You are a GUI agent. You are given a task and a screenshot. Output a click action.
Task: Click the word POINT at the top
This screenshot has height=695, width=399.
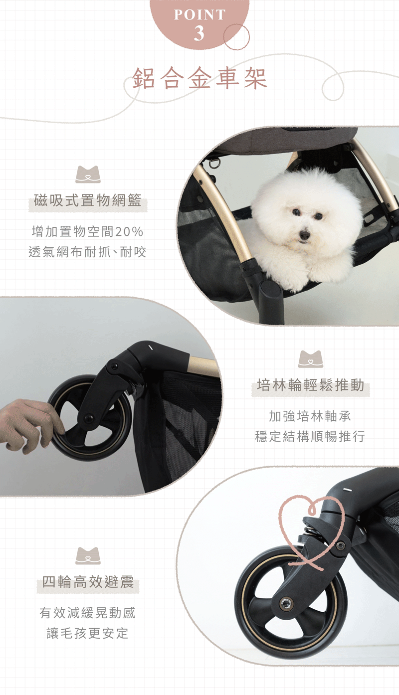pyautogui.click(x=199, y=15)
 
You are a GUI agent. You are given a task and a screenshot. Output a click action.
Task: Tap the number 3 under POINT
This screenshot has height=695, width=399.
pyautogui.click(x=199, y=33)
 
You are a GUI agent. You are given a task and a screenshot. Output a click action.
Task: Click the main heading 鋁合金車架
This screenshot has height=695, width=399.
pyautogui.click(x=199, y=78)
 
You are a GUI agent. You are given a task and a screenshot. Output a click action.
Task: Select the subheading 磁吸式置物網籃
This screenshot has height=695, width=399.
pyautogui.click(x=88, y=200)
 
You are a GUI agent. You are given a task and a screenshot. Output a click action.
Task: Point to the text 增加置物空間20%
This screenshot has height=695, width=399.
pyautogui.click(x=87, y=231)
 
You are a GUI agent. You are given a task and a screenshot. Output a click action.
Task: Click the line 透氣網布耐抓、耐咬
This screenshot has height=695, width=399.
pyautogui.click(x=87, y=252)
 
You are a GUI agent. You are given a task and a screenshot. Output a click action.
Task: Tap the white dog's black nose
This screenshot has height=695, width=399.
pyautogui.click(x=304, y=235)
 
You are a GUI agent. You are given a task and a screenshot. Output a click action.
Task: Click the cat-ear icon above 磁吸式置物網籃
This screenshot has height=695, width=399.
pyautogui.click(x=88, y=174)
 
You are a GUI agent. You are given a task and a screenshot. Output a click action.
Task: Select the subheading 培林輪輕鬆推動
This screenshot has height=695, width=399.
pyautogui.click(x=311, y=385)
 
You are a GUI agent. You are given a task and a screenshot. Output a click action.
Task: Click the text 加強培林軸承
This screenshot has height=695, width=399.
pyautogui.click(x=310, y=416)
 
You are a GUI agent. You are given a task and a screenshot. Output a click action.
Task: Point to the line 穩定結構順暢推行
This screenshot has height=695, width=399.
pyautogui.click(x=310, y=436)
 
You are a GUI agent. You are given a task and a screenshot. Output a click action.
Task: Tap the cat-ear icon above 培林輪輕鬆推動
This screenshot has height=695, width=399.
pyautogui.click(x=311, y=359)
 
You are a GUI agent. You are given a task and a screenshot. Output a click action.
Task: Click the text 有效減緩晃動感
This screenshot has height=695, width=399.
pyautogui.click(x=87, y=612)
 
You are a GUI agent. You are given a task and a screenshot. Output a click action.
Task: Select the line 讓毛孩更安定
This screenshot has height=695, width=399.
pyautogui.click(x=87, y=633)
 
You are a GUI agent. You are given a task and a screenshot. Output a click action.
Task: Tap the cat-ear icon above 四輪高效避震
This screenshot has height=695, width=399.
pyautogui.click(x=88, y=556)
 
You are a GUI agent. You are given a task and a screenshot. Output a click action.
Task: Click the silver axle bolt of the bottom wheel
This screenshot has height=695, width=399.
pyautogui.click(x=286, y=603)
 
